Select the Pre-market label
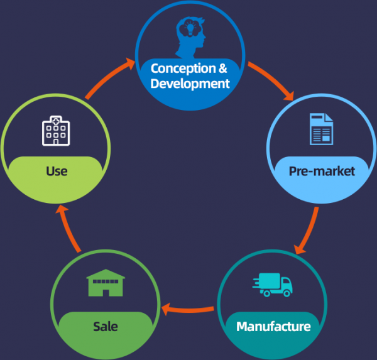pos(322,171)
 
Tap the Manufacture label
pos(273,327)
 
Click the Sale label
pos(105,327)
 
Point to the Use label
pos(57,171)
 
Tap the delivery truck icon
pos(273,285)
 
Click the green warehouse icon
pos(105,285)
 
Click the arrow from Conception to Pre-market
pos(271,80)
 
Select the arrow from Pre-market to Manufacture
pos(309,230)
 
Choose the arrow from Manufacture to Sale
pos(188,308)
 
